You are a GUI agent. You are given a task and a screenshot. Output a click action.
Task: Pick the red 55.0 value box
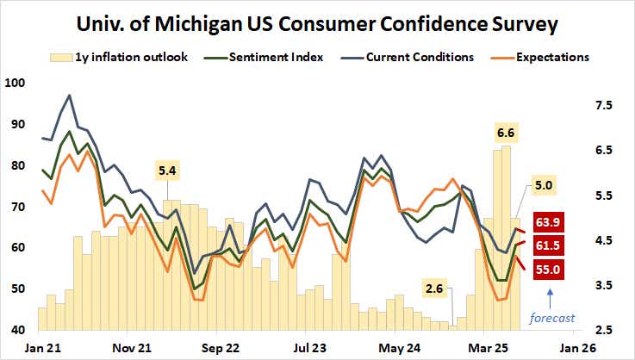(x=551, y=269)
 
